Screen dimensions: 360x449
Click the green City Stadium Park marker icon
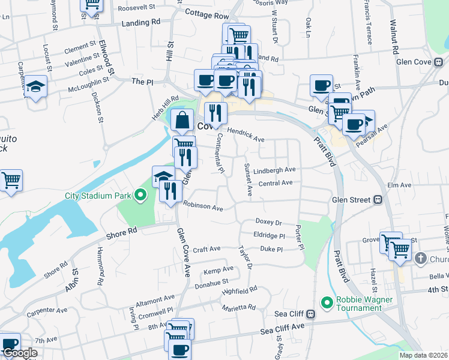[140, 196]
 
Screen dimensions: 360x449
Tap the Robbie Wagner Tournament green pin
[327, 302]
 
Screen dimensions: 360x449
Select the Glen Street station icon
[379, 200]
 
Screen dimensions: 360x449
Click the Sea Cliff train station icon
[311, 314]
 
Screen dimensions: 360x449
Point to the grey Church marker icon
[420, 259]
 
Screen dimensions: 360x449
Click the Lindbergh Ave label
[275, 170]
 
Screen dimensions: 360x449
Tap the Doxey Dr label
[268, 222]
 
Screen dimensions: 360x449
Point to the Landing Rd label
[141, 22]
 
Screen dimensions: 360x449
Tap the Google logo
[20, 353]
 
